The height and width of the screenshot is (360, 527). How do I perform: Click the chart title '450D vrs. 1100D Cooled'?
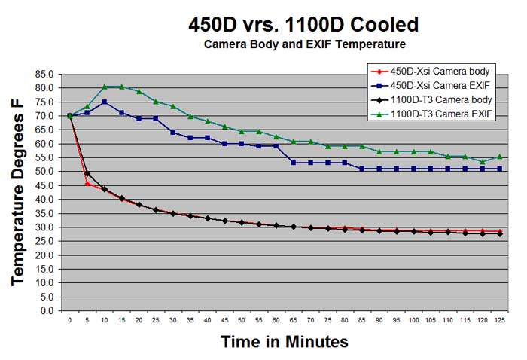pos(303,24)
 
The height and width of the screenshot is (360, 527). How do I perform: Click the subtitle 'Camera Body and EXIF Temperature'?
pos(303,44)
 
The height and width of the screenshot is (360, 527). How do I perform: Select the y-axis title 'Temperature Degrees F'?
pos(20,192)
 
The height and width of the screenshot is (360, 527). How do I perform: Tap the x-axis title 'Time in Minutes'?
pos(285,342)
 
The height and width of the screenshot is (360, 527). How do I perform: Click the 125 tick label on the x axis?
pos(499,319)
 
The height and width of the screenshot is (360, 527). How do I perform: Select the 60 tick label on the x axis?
pos(276,319)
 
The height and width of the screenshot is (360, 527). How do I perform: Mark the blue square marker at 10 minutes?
pos(104,102)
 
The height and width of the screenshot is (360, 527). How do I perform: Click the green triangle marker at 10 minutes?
pos(104,87)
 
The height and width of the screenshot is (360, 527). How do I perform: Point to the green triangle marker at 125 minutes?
pos(499,157)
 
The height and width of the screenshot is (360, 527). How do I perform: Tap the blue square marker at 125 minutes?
pos(499,169)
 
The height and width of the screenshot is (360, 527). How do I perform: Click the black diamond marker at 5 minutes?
pos(87,174)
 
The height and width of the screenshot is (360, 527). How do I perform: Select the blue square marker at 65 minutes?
pos(293,163)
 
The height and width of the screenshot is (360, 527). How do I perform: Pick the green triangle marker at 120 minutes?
pos(483,162)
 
